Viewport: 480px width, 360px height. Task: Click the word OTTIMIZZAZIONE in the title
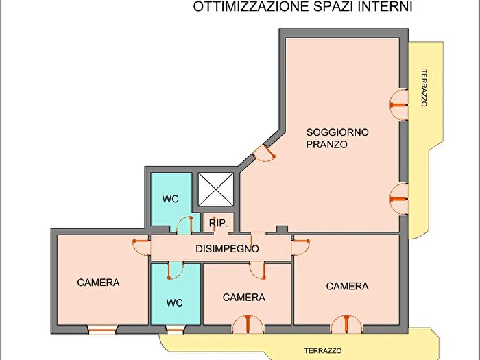(242, 8)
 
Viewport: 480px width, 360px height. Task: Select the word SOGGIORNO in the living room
(338, 132)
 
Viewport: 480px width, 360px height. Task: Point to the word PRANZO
(327, 145)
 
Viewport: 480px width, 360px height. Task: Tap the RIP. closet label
(219, 224)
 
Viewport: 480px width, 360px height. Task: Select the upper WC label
(171, 200)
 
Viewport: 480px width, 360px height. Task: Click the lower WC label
(176, 302)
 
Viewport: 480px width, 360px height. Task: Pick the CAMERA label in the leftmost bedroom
(98, 283)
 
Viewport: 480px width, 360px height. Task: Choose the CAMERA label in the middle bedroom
(243, 298)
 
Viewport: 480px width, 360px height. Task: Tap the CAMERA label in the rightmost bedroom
(347, 286)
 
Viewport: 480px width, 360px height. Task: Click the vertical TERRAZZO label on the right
(424, 88)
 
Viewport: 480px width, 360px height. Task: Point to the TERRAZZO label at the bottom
(322, 350)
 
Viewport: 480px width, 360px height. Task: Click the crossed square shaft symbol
(216, 189)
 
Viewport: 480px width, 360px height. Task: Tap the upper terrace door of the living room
(398, 104)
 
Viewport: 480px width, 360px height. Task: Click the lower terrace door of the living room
(398, 198)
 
